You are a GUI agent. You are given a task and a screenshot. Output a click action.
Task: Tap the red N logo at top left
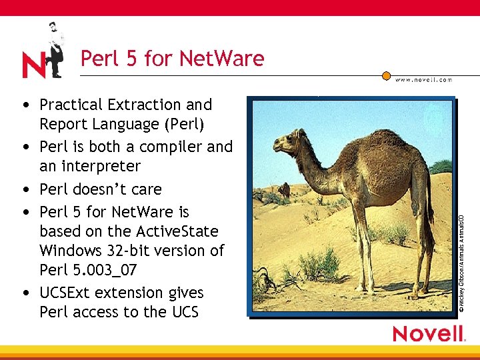tap(33, 65)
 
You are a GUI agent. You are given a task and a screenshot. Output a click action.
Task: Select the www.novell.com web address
tap(423, 79)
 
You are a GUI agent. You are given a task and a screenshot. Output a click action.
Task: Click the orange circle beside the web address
tap(386, 76)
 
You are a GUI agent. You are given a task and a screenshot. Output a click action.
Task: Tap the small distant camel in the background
tap(285, 191)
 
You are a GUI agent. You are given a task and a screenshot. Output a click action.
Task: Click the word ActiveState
tap(176, 231)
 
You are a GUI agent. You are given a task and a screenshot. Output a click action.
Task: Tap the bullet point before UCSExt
tap(25, 293)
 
